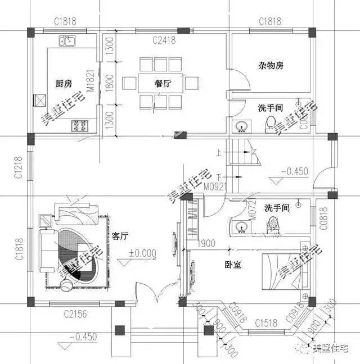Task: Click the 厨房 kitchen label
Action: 63,84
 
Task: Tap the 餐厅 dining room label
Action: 163,84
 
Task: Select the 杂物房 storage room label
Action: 271,66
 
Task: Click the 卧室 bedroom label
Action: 232,264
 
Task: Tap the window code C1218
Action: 19,167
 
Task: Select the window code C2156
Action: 74,315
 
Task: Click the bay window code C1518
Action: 266,323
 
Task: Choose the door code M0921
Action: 199,185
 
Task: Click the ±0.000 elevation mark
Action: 142,253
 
